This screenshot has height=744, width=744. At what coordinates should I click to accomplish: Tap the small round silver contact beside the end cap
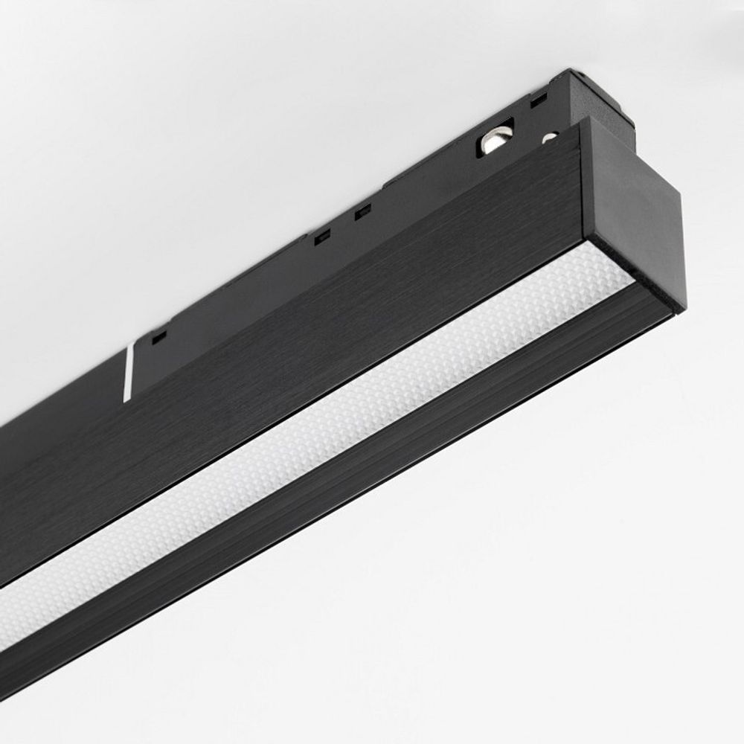coord(550,137)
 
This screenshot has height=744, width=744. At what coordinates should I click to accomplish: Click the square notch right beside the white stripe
coord(158,336)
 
